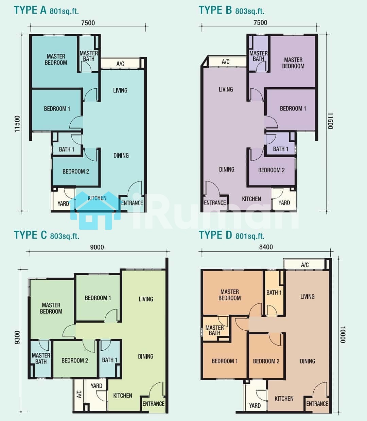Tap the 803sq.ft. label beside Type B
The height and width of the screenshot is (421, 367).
pos(250,11)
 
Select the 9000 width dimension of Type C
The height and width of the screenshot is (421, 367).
pos(97,247)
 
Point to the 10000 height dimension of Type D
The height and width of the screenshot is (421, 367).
pos(342,334)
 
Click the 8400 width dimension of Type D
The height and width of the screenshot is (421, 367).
pos(266,247)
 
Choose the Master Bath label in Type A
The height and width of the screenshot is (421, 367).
pos(89,56)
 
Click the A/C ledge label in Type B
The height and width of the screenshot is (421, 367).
pos(226,62)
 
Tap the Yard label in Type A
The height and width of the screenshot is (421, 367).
pos(63,204)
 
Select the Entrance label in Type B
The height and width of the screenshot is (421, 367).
pos(215,203)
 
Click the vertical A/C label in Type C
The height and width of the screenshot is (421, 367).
pos(79,394)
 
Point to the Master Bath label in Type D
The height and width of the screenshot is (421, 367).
pos(214,330)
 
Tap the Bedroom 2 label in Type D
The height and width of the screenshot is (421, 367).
pos(266,361)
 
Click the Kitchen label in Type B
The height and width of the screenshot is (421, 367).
pos(251,199)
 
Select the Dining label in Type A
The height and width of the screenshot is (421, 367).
pos(121,155)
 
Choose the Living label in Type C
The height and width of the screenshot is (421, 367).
pos(146,299)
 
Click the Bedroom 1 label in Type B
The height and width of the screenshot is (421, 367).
pos(293,108)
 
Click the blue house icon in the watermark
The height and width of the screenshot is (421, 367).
pos(95,210)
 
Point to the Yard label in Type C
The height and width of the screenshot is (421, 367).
pos(97,386)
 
